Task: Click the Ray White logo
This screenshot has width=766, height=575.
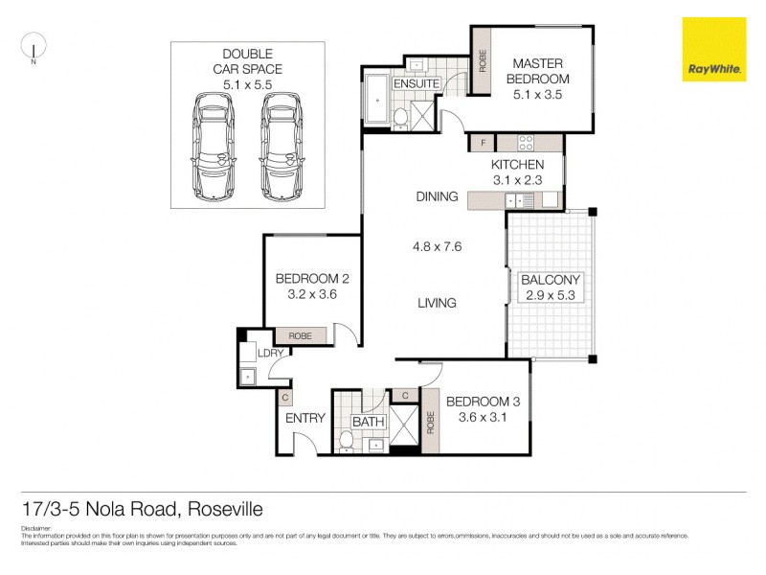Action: (x=713, y=49)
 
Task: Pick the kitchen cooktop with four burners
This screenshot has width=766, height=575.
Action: (x=526, y=144)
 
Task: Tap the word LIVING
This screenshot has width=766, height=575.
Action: (x=437, y=303)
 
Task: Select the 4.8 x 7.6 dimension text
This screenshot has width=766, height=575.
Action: (x=437, y=246)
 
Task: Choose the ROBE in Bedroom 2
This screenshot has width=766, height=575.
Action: (x=301, y=336)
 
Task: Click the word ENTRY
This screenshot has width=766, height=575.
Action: (x=305, y=418)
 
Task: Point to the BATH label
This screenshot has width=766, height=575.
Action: (x=368, y=422)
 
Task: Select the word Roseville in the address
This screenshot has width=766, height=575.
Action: (x=224, y=509)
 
